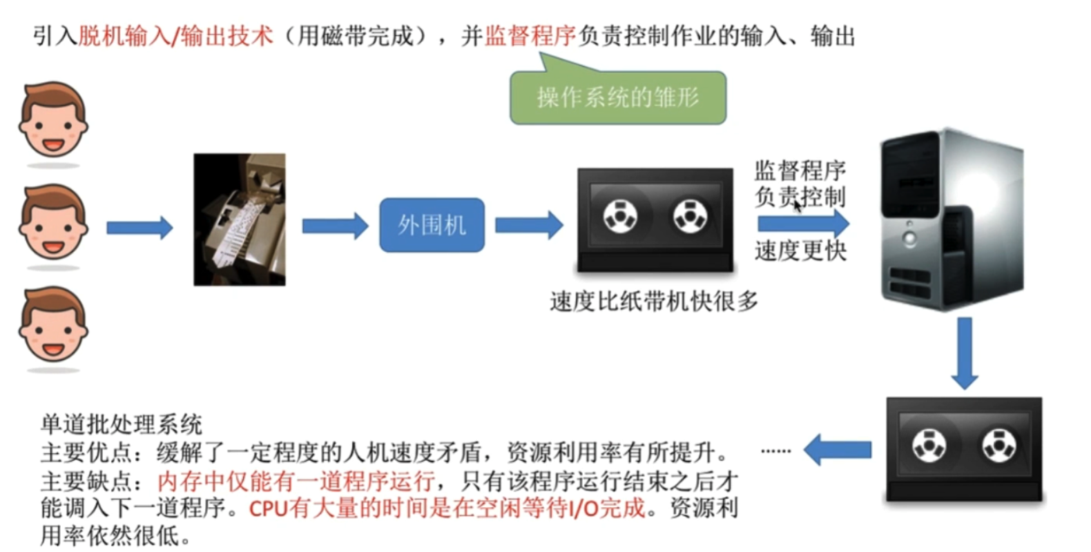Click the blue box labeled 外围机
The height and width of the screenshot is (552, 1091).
[432, 225]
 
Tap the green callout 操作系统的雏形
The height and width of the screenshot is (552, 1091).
[618, 97]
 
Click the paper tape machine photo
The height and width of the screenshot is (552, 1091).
[240, 219]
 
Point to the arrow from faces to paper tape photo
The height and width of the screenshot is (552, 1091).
[139, 227]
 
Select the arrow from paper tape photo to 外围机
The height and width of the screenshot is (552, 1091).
[336, 226]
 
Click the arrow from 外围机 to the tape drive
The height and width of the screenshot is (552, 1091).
[530, 225]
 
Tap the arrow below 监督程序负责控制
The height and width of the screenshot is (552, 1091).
[804, 224]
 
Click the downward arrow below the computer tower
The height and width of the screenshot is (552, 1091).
[965, 353]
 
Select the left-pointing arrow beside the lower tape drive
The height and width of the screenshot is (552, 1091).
[838, 450]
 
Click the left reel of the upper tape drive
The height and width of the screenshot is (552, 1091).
[620, 217]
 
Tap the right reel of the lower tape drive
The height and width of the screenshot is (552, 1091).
[999, 446]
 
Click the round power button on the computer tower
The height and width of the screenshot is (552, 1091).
[909, 239]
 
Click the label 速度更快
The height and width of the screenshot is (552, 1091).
[801, 251]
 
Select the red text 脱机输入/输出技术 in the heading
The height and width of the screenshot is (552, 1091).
[175, 35]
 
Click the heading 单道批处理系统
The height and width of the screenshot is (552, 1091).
[121, 424]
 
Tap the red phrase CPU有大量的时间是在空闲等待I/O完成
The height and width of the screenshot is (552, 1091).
[447, 509]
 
